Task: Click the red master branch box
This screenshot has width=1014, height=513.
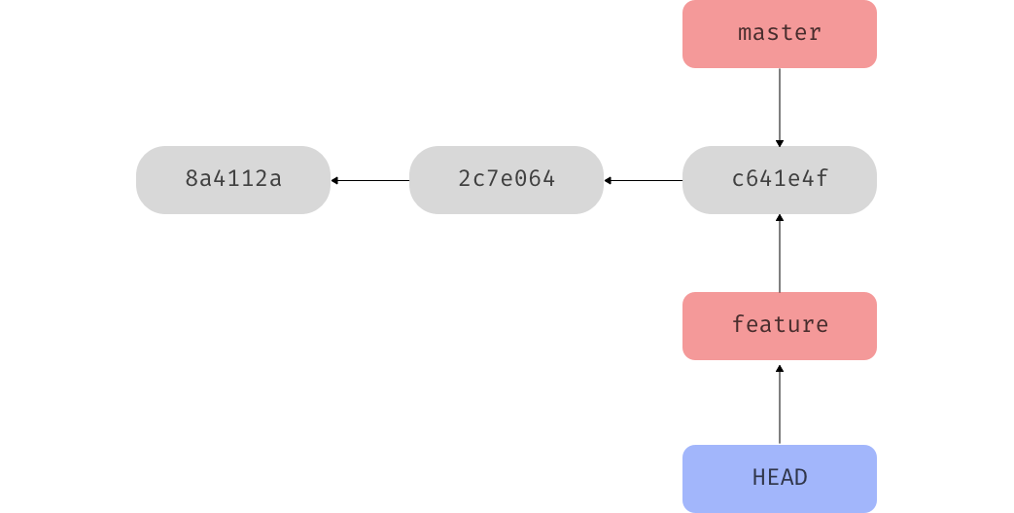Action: (779, 34)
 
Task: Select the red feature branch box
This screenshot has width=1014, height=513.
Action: (779, 326)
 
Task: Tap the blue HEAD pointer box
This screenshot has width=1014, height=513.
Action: (779, 478)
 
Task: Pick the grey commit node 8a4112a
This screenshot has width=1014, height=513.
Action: (233, 180)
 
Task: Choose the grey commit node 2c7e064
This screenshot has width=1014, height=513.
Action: (506, 180)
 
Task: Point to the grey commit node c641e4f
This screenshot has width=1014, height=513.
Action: (779, 180)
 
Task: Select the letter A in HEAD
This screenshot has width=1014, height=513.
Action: (787, 478)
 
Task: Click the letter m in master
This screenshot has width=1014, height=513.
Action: (745, 33)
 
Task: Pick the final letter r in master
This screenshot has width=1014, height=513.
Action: (815, 33)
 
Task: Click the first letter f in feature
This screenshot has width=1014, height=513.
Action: (738, 324)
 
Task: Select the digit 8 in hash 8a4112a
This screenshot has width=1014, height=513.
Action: (192, 180)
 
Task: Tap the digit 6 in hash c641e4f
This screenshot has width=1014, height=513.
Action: (752, 180)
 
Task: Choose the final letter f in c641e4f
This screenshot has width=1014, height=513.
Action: (822, 180)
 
